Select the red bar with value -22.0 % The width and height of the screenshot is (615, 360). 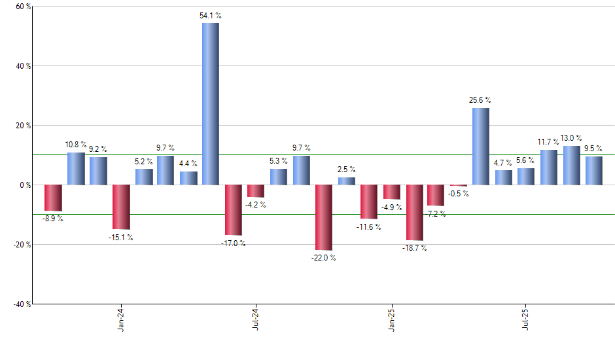(x=324, y=217)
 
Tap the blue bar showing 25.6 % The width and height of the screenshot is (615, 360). (x=481, y=146)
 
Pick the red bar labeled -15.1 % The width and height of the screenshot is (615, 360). (x=121, y=207)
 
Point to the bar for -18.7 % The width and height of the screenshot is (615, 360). (x=415, y=213)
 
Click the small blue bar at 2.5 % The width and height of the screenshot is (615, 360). (x=347, y=181)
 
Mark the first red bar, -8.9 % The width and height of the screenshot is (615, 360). (x=53, y=198)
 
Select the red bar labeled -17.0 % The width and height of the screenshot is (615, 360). (x=234, y=210)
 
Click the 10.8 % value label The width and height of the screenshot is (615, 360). (x=76, y=145)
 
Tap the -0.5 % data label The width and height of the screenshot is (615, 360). (x=458, y=194)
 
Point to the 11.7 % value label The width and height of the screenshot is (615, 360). (x=548, y=142)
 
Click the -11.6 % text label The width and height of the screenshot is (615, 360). (x=369, y=226)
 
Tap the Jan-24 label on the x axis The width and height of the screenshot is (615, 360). (x=121, y=321)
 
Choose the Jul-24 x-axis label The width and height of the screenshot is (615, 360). (x=256, y=321)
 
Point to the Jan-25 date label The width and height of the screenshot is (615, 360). (x=392, y=321)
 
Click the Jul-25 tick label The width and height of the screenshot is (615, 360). (x=527, y=321)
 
